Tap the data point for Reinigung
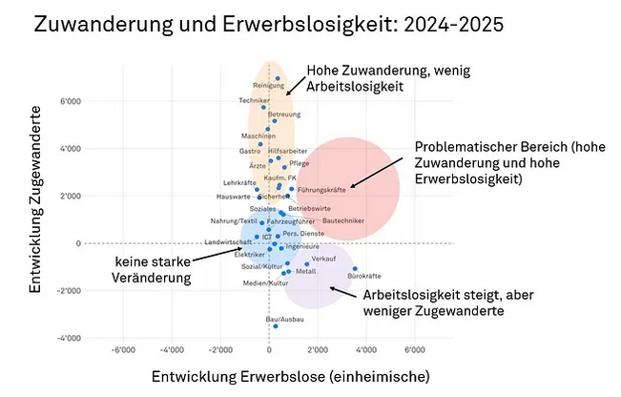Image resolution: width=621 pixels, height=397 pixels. [278, 78]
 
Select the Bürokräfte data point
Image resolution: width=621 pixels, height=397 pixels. [355, 268]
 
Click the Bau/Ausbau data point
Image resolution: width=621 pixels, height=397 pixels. [276, 326]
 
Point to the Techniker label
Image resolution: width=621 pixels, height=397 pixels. [253, 100]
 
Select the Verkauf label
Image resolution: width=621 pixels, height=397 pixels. [323, 259]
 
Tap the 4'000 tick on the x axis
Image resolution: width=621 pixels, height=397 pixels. [367, 351]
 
